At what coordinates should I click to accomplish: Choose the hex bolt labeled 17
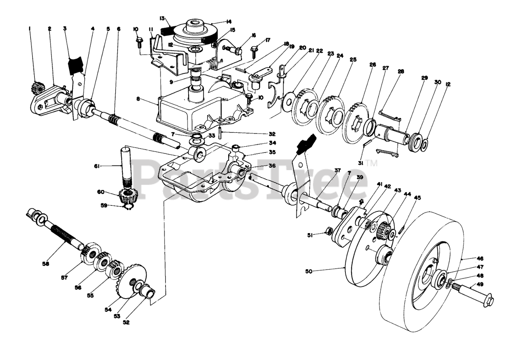point(254,50)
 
